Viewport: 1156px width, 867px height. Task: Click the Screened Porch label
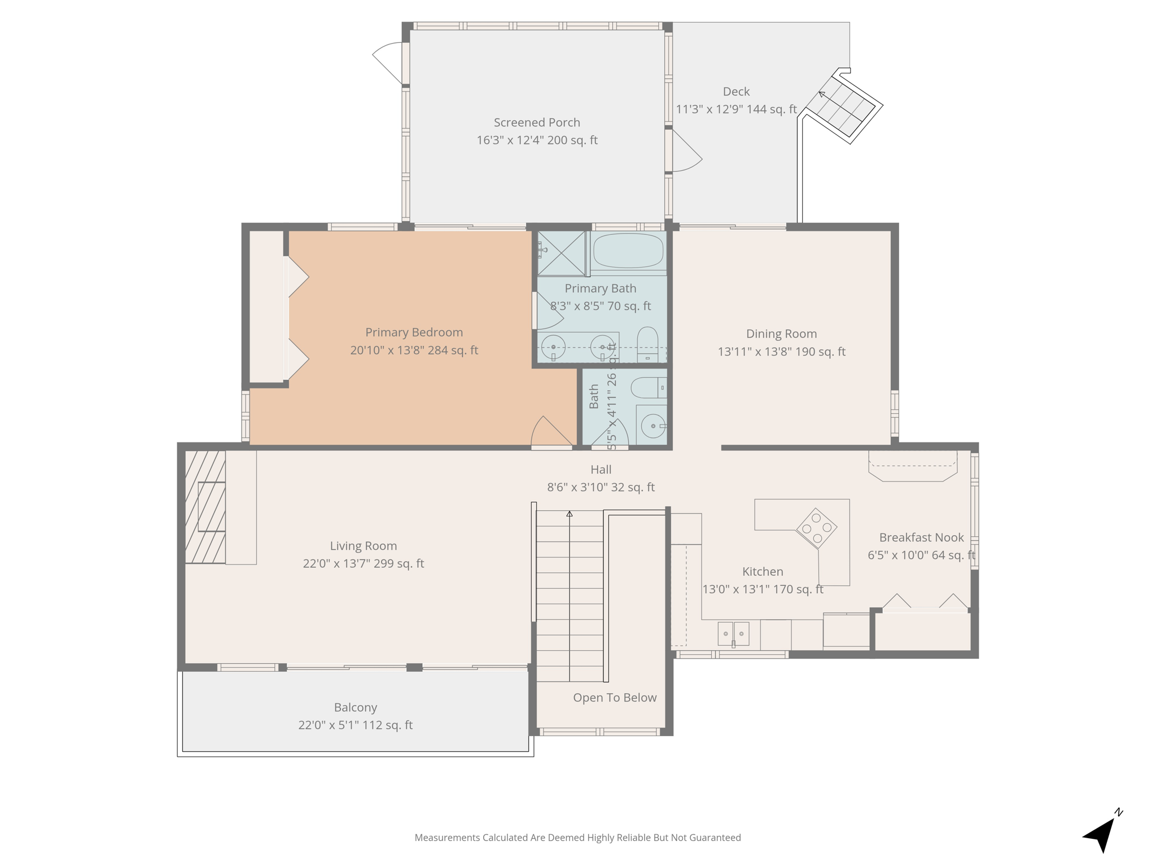click(536, 122)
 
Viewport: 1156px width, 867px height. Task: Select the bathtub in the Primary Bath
click(628, 251)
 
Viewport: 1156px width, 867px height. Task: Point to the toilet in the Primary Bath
click(647, 344)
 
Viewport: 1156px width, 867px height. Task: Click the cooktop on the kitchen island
click(816, 528)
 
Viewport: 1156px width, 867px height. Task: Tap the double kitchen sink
click(733, 634)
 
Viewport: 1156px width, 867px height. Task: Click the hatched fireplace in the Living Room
click(205, 506)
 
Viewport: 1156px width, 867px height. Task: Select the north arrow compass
click(1102, 834)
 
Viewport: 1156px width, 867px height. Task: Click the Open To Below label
click(615, 698)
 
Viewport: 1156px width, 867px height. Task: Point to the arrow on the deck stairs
click(822, 94)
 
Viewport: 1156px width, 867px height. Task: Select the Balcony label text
click(355, 707)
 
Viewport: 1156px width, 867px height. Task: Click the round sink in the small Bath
click(653, 426)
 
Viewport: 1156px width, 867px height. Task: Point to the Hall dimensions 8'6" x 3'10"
click(601, 487)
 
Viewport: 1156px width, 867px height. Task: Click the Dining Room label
click(781, 334)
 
